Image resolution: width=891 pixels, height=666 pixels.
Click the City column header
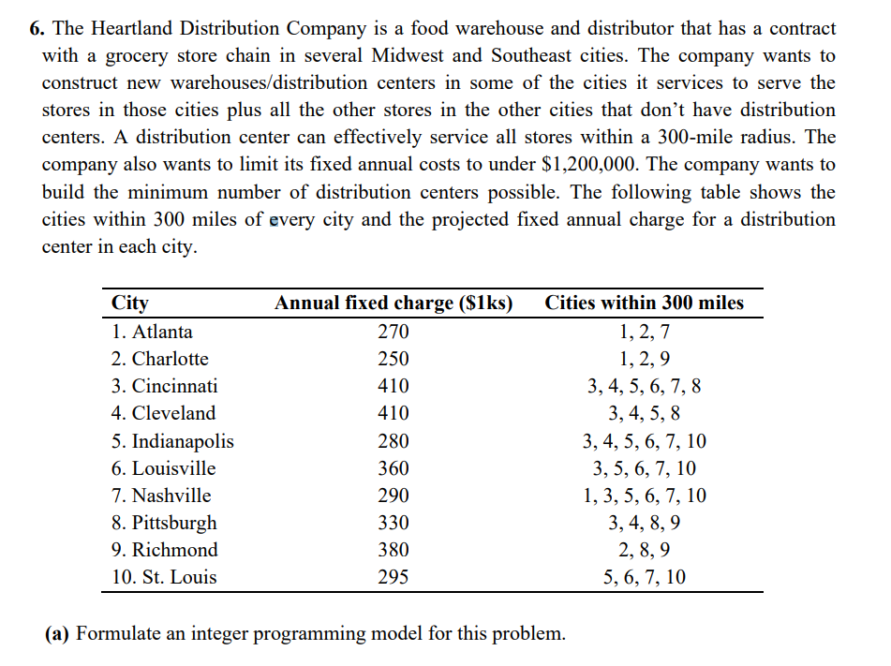point(129,303)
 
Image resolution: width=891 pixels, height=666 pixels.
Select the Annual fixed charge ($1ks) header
point(393,303)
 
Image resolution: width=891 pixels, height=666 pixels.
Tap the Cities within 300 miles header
point(645,303)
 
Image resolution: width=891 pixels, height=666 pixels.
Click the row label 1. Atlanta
point(153,332)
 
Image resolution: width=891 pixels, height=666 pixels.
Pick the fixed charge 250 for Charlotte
point(393,359)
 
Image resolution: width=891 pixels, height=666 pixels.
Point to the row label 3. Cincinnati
point(165,386)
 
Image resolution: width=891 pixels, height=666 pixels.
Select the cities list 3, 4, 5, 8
point(645,413)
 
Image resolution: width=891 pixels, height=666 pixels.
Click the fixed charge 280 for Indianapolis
point(393,441)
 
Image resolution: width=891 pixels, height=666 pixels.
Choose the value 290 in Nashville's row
point(393,496)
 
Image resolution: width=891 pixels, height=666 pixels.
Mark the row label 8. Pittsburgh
point(164,523)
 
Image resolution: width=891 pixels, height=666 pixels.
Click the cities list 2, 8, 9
point(645,550)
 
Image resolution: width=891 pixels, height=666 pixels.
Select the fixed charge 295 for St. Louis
point(393,577)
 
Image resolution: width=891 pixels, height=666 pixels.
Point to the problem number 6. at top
point(36,29)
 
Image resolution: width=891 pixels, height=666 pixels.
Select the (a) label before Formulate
point(58,633)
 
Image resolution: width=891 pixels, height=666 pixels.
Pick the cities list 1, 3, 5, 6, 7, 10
point(645,496)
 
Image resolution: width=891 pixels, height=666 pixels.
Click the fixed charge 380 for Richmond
point(393,550)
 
